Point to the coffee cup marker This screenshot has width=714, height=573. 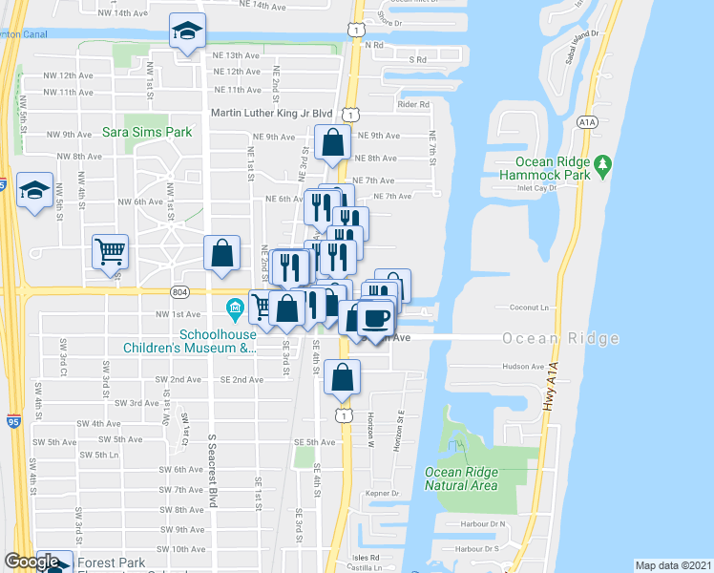[x=375, y=318]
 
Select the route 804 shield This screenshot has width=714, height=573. [x=180, y=291]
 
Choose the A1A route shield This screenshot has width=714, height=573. [x=587, y=121]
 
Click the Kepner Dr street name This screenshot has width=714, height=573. [x=382, y=494]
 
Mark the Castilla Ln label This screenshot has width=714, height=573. [x=367, y=567]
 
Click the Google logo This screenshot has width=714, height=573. [x=32, y=562]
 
